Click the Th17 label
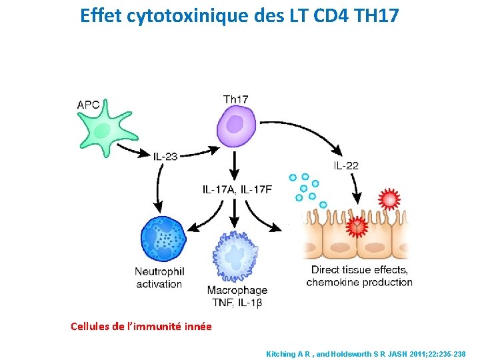click(235, 99)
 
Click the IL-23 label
click(165, 157)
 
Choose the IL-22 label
click(346, 165)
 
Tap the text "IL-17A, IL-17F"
click(237, 189)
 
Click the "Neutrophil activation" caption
click(159, 277)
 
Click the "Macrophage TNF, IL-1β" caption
click(237, 296)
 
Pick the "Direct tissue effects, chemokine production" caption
click(359, 276)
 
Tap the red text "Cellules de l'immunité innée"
click(141, 326)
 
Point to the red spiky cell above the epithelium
click(388, 199)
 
